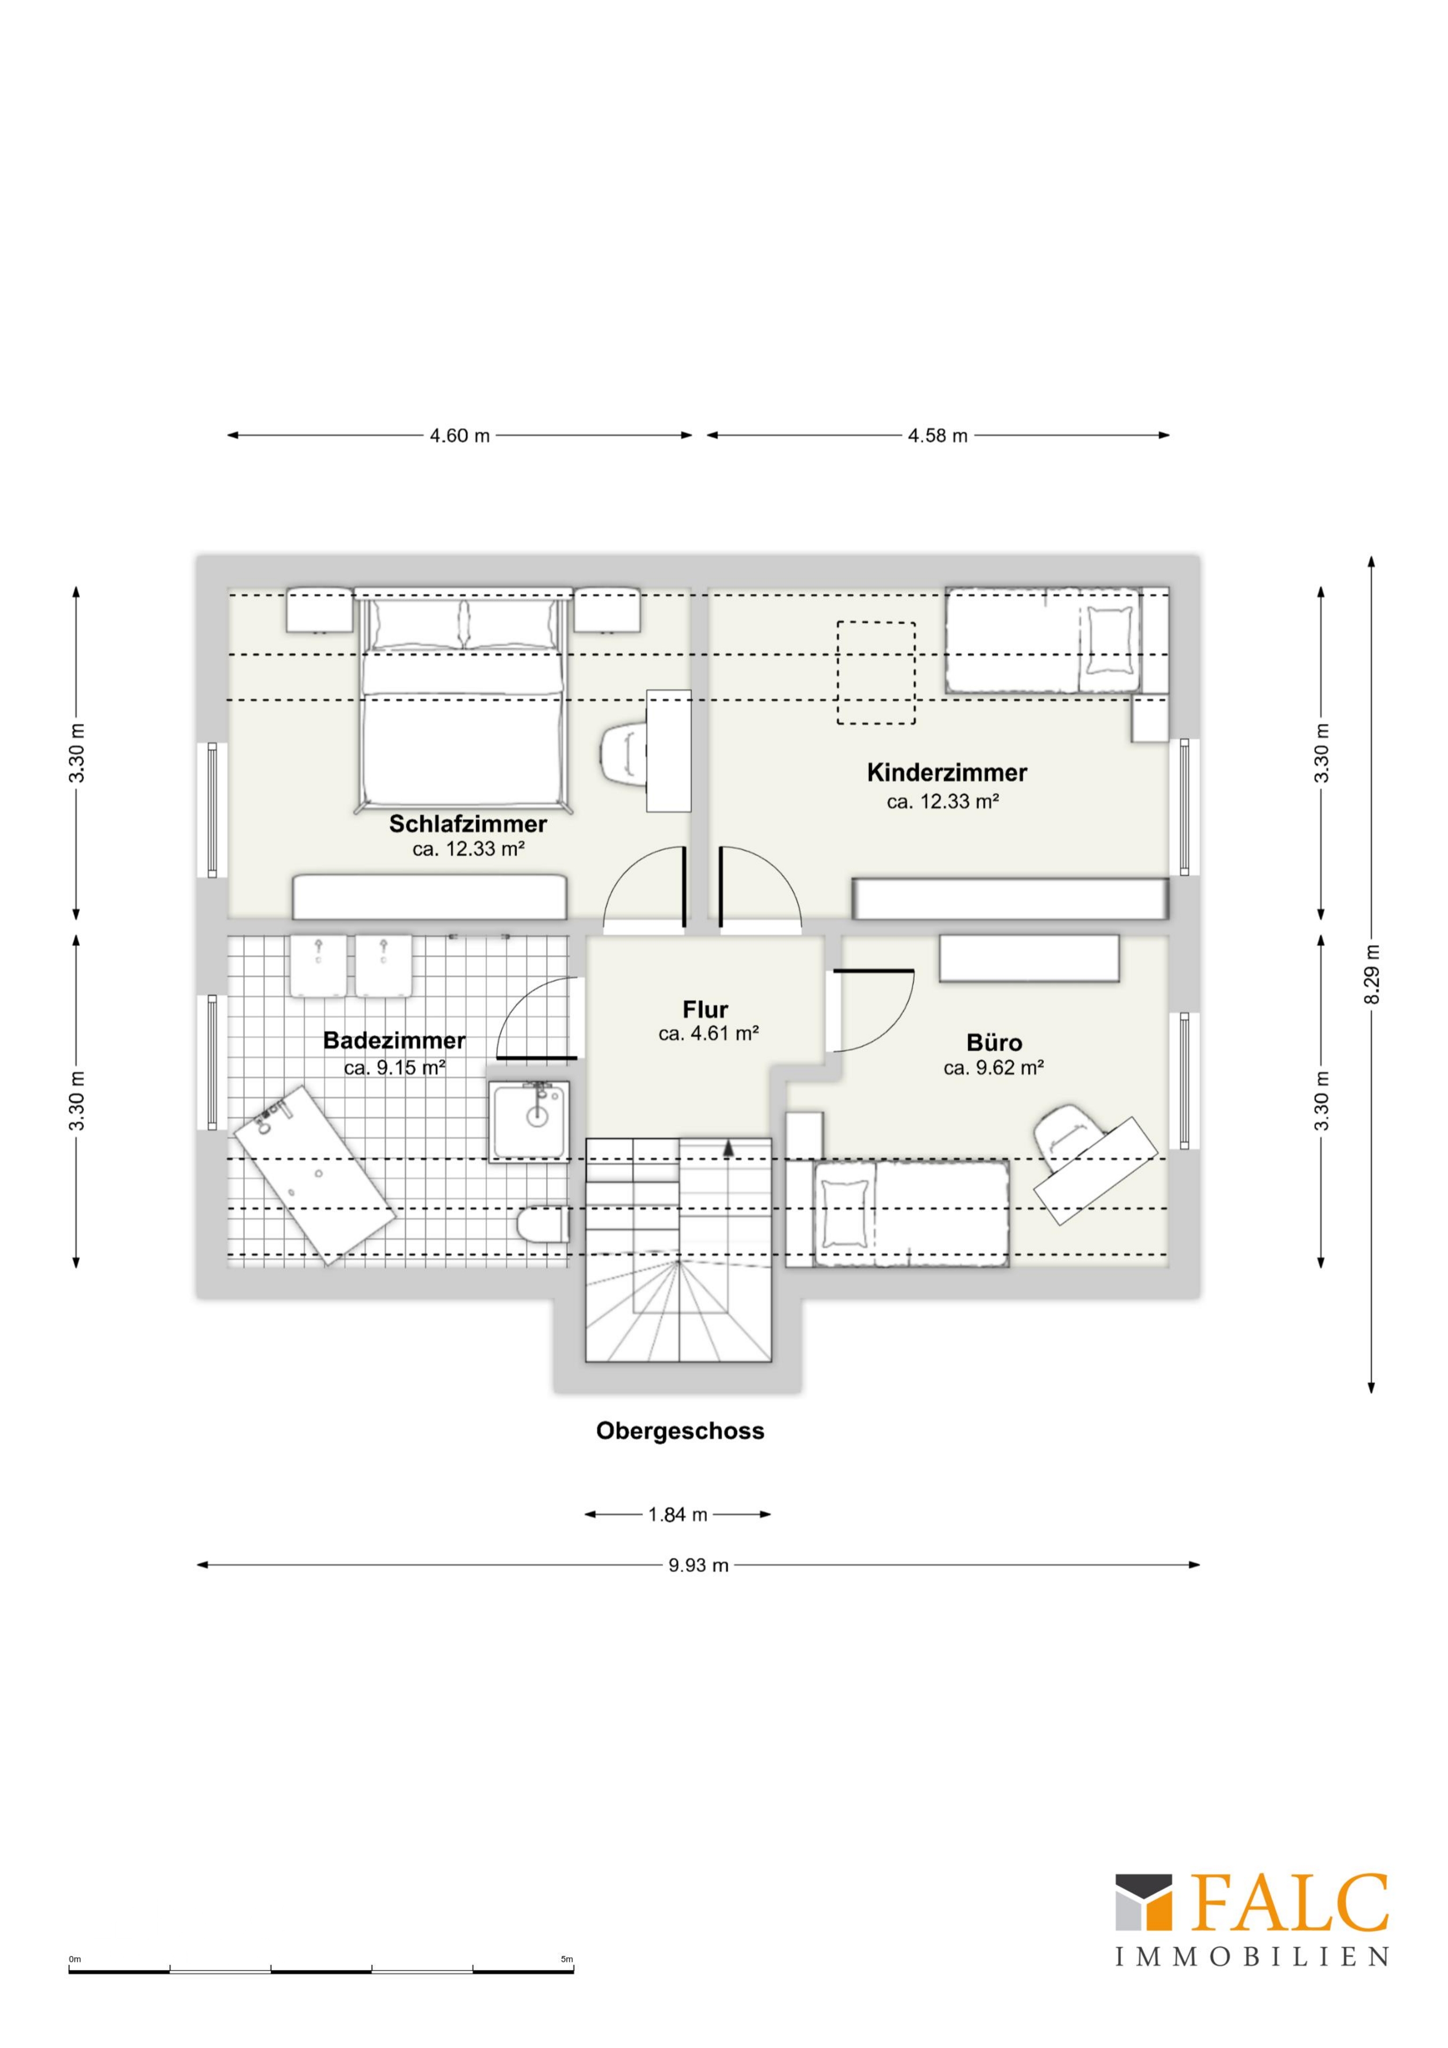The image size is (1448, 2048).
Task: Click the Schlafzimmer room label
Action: [x=468, y=823]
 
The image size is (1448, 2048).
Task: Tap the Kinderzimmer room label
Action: [x=947, y=772]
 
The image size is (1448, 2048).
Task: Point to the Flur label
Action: [x=706, y=1010]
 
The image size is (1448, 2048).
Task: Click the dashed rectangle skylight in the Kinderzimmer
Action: [x=875, y=671]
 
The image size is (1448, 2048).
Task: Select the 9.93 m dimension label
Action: [x=699, y=1565]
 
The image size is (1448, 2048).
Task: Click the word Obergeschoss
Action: [x=680, y=1431]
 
